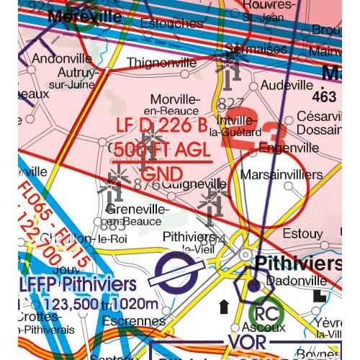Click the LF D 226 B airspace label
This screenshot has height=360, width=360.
click(165, 127)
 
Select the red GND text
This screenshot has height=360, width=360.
click(162, 174)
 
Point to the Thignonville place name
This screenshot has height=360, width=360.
click(161, 63)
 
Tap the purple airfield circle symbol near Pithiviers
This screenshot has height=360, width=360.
click(174, 274)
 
